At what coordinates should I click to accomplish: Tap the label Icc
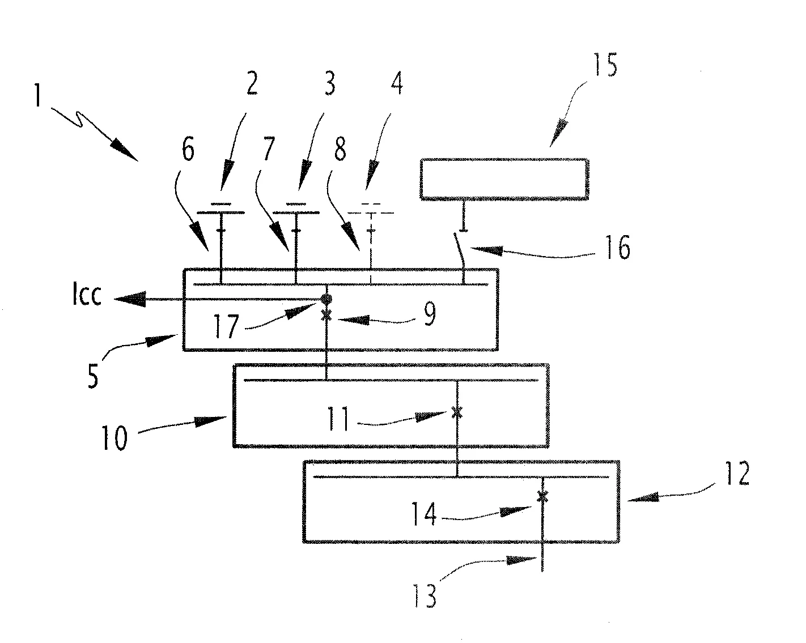pos(88,296)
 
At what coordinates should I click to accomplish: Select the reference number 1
pos(38,97)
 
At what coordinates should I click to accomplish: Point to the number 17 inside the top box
pos(225,327)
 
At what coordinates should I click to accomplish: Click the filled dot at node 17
pos(326,299)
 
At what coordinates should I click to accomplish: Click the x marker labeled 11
pos(457,414)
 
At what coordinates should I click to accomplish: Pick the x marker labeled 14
pos(542,496)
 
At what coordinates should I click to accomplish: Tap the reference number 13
pos(425,595)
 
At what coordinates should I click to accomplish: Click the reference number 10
pos(115,438)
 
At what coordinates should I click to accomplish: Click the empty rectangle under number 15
pos(504,179)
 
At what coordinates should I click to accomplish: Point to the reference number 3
pos(328,84)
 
